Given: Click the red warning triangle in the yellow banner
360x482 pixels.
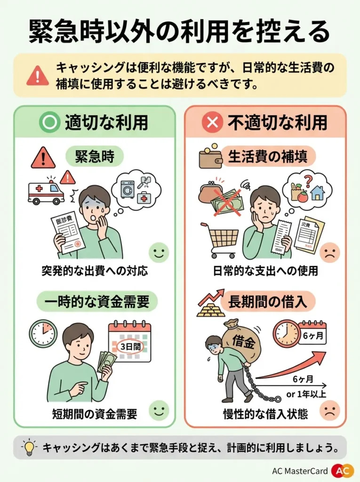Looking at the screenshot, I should point(37,75).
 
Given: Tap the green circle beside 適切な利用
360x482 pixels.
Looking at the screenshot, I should point(49,122).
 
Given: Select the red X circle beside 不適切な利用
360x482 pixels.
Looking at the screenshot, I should point(212,122).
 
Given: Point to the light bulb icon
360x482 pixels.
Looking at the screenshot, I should point(29,447).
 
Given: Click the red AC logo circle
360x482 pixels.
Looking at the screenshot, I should point(342,471).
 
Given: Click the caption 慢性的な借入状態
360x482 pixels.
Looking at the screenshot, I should point(265,414).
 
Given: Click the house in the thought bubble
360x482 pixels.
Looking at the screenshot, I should point(318,192).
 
